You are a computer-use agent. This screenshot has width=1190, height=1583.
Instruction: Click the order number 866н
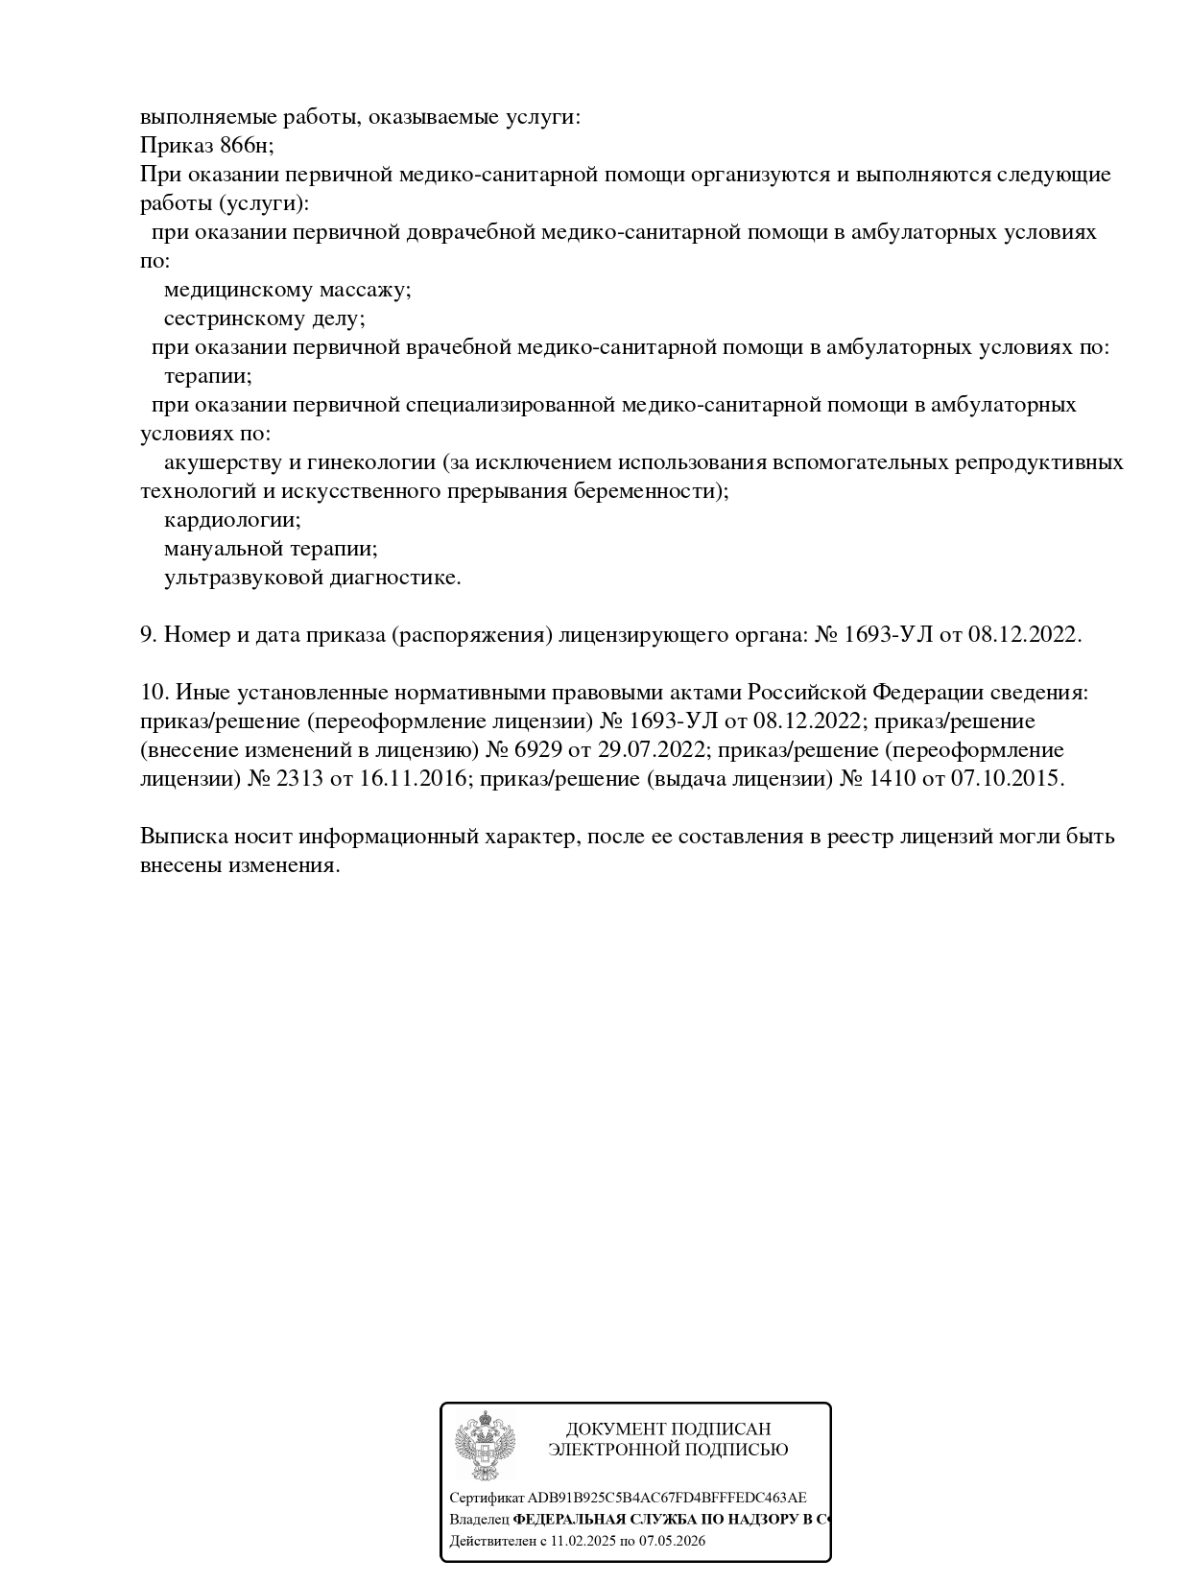pos(248,146)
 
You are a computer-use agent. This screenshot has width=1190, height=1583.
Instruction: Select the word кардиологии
pos(232,520)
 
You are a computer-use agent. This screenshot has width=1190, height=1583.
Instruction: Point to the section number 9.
pos(148,635)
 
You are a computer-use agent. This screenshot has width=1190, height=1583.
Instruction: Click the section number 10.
pos(155,693)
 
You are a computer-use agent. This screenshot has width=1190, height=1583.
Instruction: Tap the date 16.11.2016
pos(413,779)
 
